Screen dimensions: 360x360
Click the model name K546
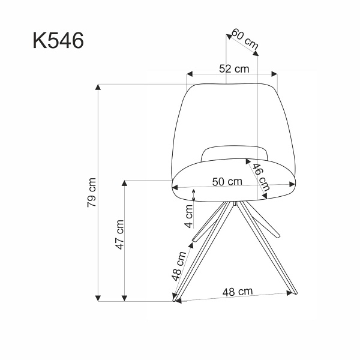pyautogui.click(x=58, y=41)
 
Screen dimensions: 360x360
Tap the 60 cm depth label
pyautogui.click(x=245, y=40)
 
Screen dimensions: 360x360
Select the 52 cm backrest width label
pyautogui.click(x=233, y=68)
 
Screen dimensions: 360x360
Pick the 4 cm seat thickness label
pyautogui.click(x=189, y=216)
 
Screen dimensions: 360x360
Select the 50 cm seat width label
pyautogui.click(x=227, y=181)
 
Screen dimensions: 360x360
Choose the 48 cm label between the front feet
pyautogui.click(x=236, y=292)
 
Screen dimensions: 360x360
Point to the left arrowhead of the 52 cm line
pyautogui.click(x=189, y=75)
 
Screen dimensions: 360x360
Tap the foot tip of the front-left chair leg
pyautogui.click(x=176, y=300)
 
